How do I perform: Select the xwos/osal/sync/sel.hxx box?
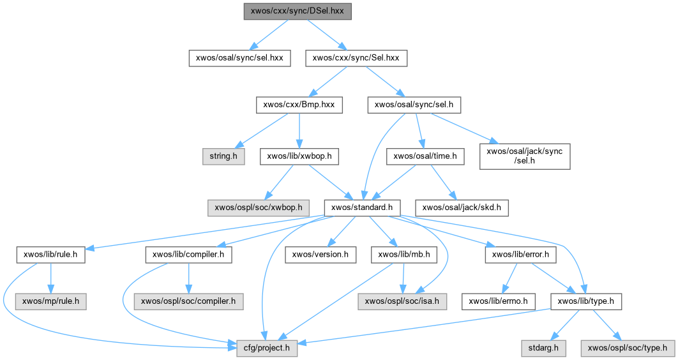pos(239,58)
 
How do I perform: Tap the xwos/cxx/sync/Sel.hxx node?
pos(356,58)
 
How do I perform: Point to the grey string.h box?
pos(223,156)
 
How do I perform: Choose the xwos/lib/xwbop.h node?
pos(299,156)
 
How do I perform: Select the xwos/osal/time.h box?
pos(425,156)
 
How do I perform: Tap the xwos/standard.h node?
pos(362,207)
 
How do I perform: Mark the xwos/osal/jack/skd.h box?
pos(463,207)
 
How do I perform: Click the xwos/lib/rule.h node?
pos(50,255)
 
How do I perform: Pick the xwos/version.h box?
pos(319,255)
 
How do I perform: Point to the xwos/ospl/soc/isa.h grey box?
pos(403,300)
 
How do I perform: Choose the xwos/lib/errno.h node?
pos(502,300)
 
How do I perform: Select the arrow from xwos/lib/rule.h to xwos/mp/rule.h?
pos(50,277)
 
